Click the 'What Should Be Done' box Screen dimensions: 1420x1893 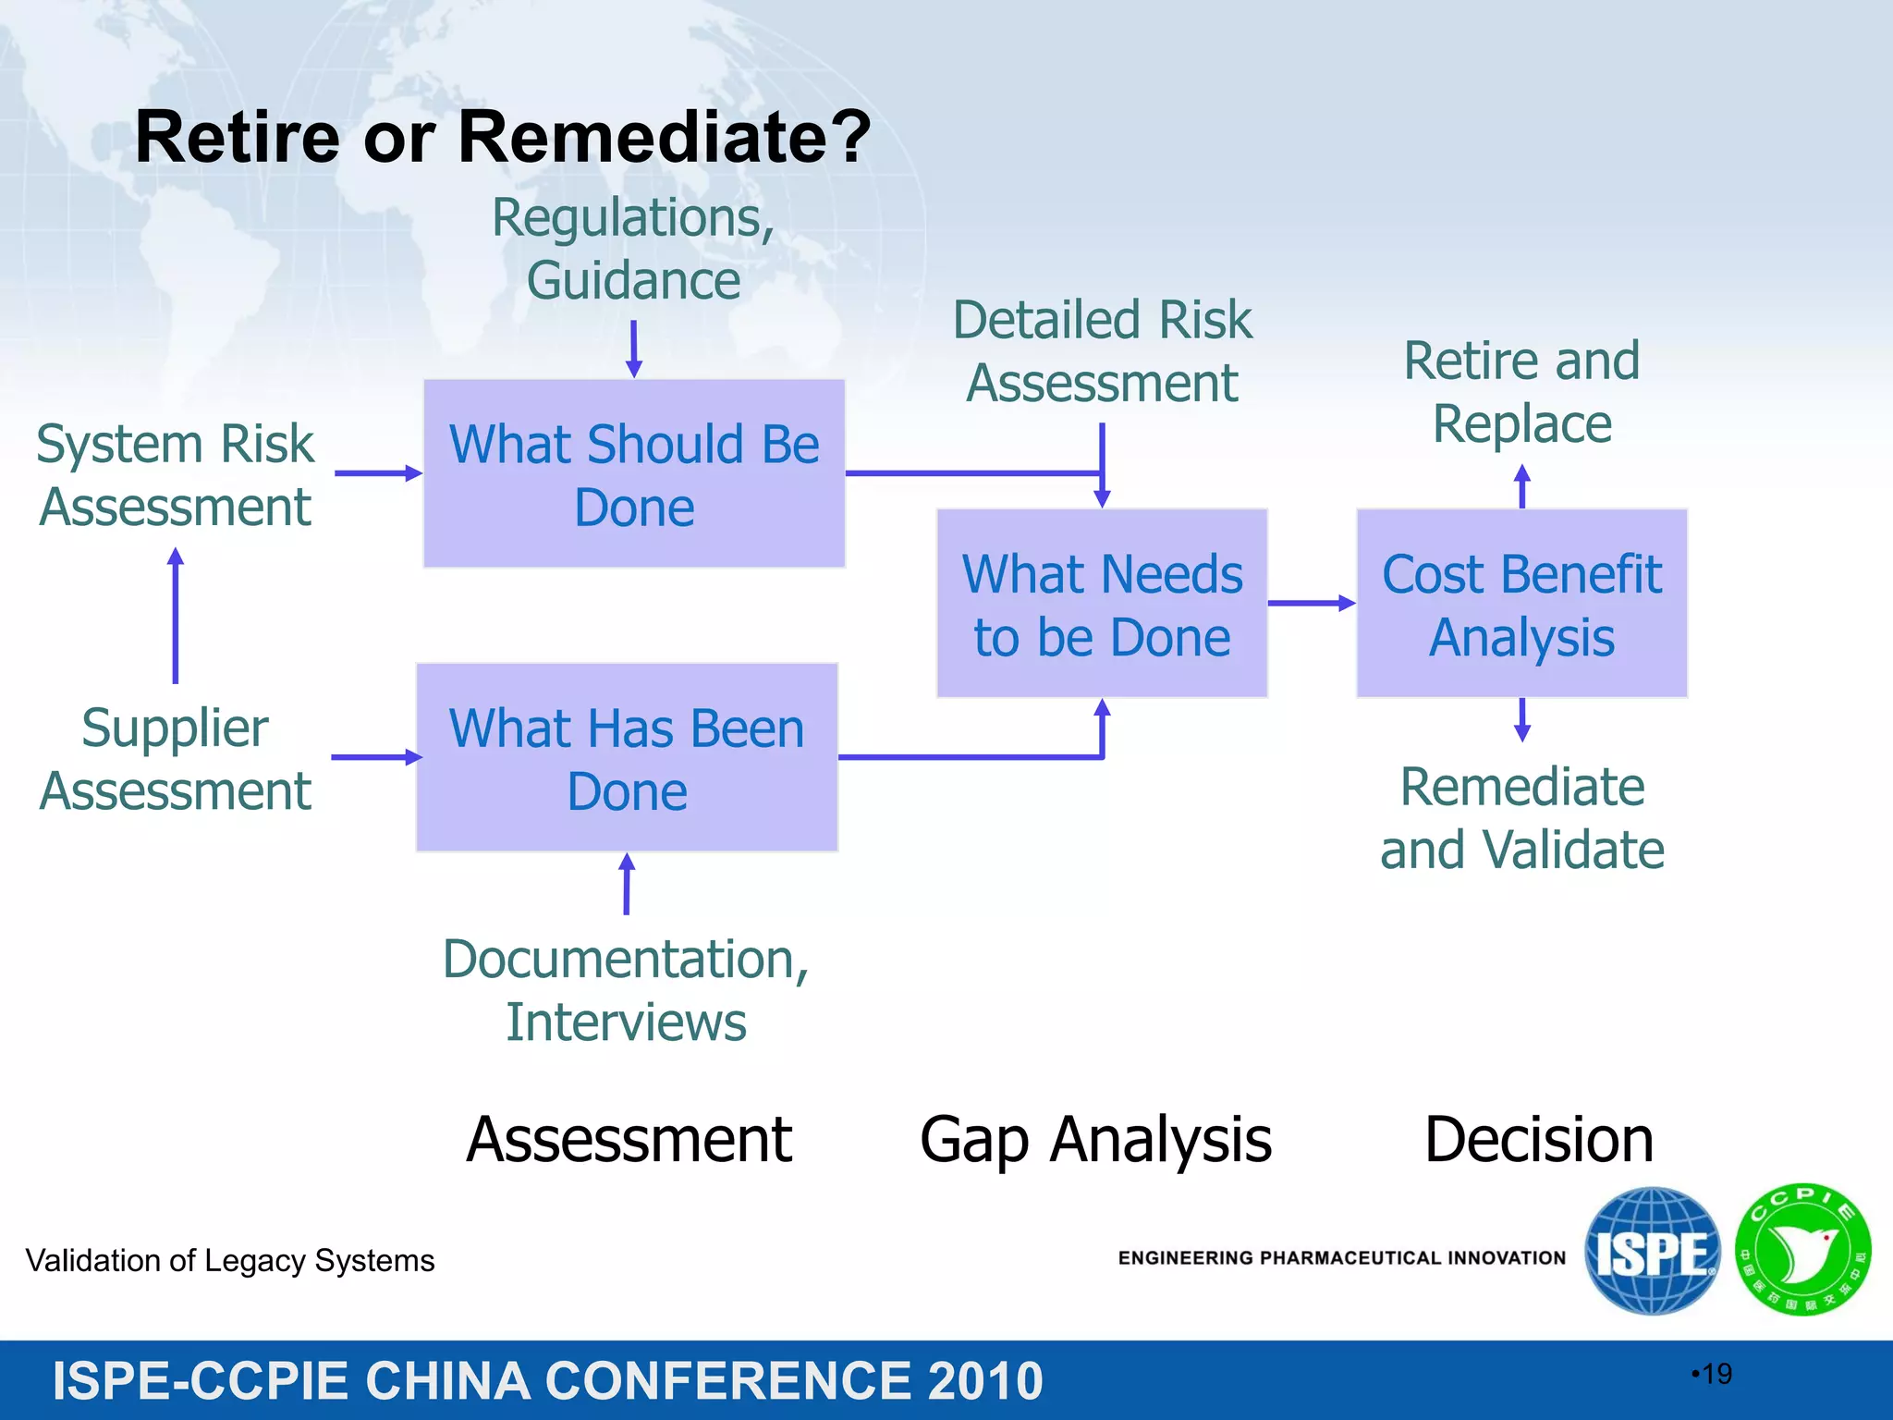pos(634,473)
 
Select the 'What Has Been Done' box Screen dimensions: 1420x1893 pos(627,757)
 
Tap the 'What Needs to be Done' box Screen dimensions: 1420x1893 pos(1102,603)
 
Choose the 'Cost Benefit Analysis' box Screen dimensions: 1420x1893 pos(1521,603)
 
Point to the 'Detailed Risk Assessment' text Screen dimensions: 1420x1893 pos(1102,351)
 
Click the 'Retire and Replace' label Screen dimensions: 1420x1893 pos(1521,391)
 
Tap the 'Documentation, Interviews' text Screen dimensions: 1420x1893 pos(626,990)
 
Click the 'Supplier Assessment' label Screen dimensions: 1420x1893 pos(176,759)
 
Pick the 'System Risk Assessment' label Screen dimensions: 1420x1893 pos(176,475)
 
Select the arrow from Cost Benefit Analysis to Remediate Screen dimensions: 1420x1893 pos(1522,720)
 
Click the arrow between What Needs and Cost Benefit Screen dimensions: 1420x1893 pos(1311,603)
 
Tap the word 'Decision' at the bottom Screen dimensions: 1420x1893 pos(1538,1139)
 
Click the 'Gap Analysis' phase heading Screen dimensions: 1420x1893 pos(1095,1139)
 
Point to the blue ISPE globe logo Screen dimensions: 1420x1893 pos(1652,1251)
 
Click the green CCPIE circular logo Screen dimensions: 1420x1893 pos(1802,1251)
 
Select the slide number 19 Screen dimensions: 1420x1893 pos(1716,1374)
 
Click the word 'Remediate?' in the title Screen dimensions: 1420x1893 pos(664,137)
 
